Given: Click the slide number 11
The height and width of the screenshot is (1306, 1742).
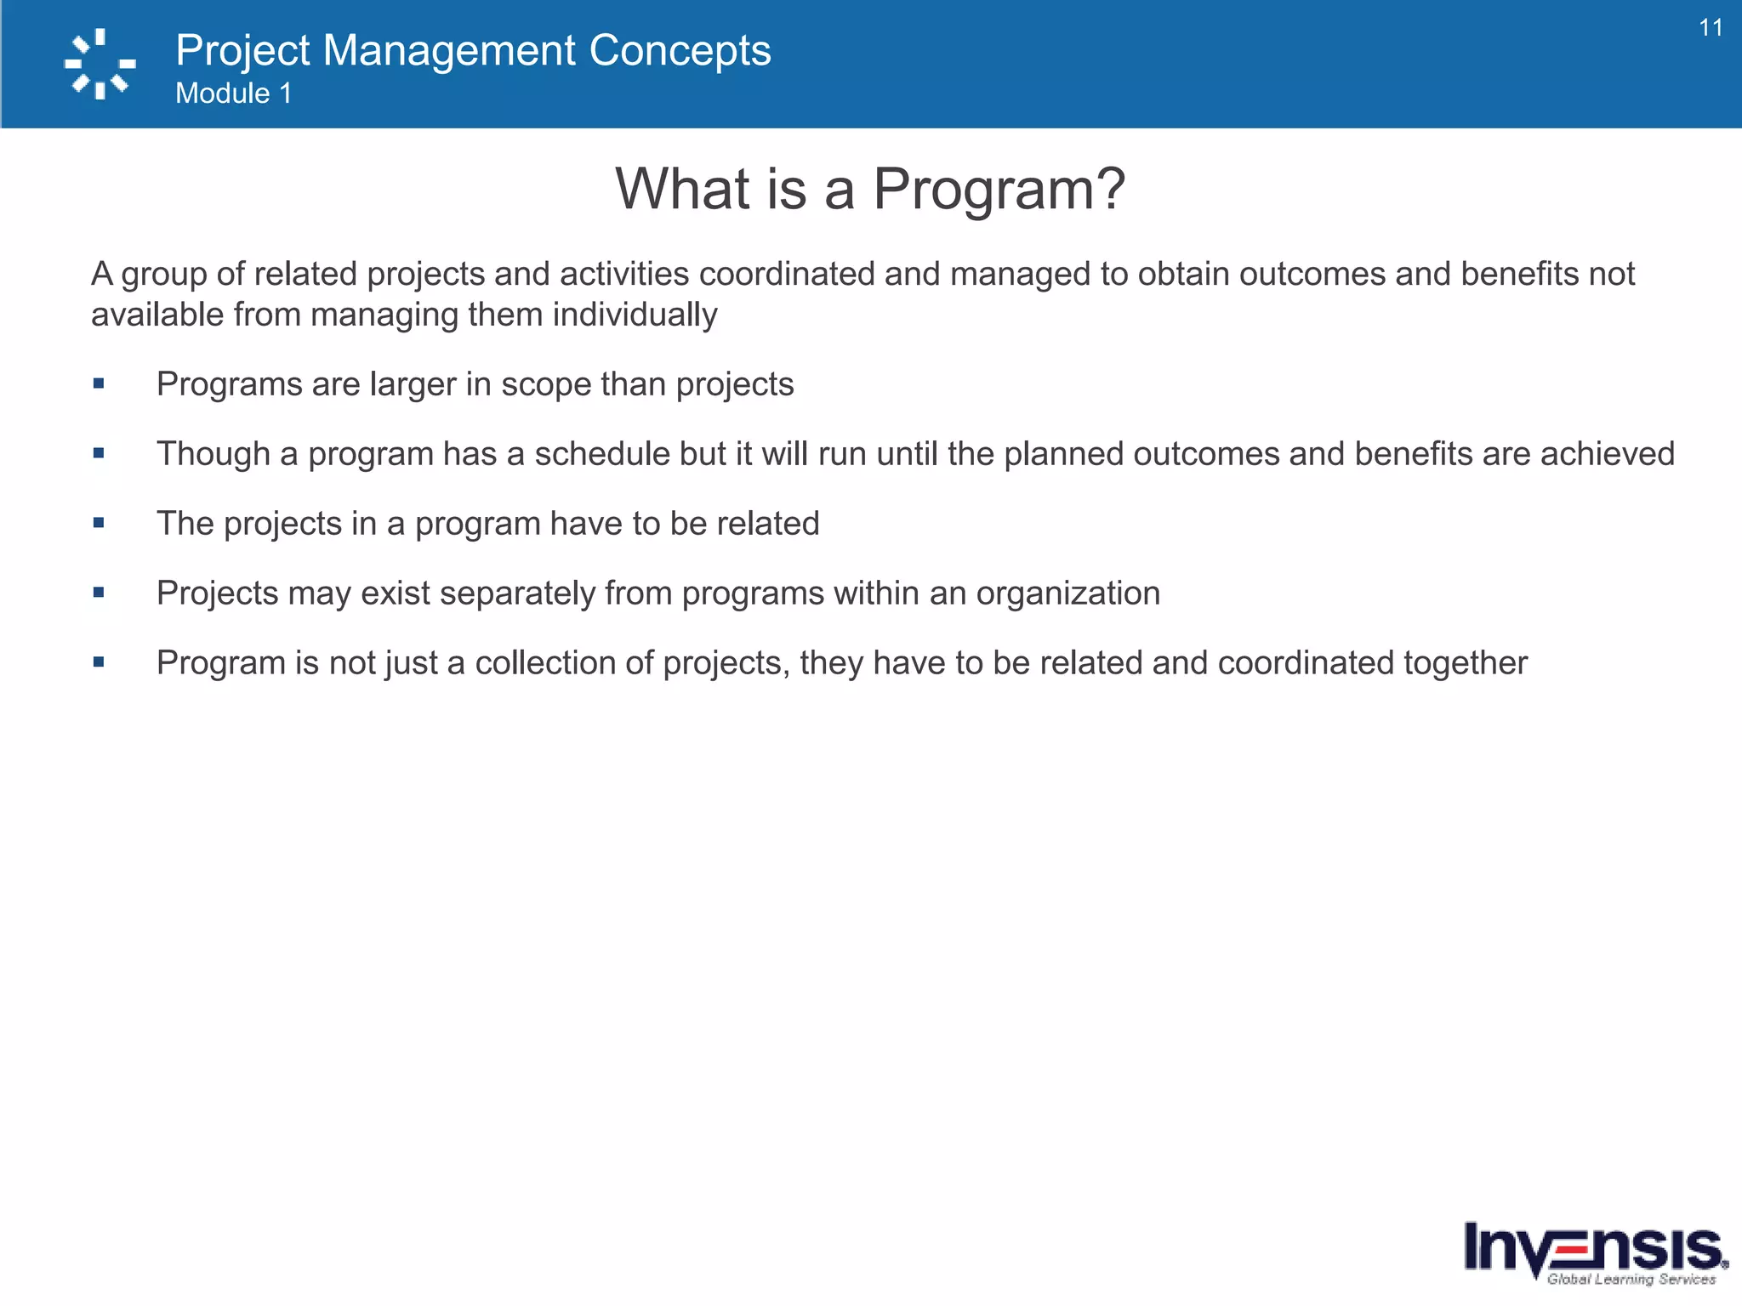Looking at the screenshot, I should tap(1711, 28).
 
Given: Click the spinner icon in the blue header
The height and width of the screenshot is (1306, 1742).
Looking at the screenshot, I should tap(100, 65).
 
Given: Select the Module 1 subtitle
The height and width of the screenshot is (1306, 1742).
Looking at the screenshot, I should tap(233, 94).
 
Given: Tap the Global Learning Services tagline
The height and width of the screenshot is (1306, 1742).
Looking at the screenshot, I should tap(1631, 1279).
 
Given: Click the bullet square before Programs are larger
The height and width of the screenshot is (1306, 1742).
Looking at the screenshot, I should tap(99, 383).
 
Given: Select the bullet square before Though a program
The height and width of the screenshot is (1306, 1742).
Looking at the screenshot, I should tap(99, 453).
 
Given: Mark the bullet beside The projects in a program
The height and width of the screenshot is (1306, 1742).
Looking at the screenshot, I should tap(99, 523).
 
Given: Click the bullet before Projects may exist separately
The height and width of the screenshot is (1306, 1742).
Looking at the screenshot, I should tap(99, 593).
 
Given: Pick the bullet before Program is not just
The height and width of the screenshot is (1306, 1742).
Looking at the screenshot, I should tap(99, 662).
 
